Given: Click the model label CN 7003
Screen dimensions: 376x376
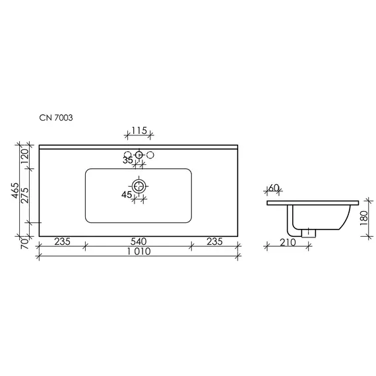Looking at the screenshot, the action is pos(56,117).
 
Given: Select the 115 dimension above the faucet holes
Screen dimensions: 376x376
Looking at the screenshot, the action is pos(139,131).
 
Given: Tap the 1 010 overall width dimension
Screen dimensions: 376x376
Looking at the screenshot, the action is pos(139,251).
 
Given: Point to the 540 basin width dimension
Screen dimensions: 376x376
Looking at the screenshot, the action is pos(139,241).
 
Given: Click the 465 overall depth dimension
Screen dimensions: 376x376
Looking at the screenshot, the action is pos(15,191).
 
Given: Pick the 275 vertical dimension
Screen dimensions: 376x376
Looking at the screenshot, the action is pos(25,195).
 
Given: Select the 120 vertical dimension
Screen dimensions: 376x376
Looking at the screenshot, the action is pos(25,156).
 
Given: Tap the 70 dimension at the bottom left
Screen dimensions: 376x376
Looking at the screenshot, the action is pos(25,243).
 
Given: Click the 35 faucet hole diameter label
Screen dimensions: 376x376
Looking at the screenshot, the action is pos(127,160).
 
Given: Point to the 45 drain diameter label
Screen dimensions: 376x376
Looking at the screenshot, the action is pos(127,195).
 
